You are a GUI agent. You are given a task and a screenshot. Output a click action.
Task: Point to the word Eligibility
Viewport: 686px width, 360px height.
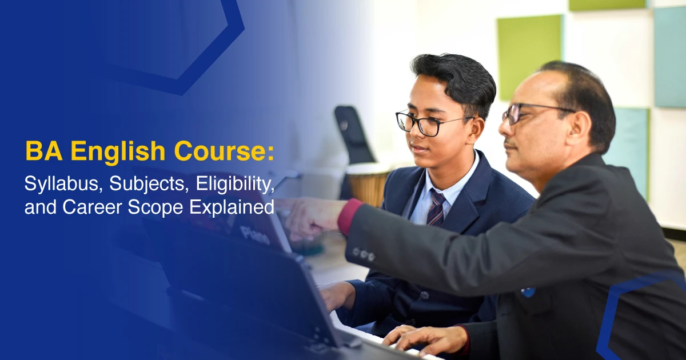point(235,183)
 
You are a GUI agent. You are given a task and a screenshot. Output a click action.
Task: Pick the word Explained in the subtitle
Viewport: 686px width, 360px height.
point(232,208)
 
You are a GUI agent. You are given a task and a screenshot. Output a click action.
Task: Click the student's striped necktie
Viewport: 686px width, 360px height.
point(436,207)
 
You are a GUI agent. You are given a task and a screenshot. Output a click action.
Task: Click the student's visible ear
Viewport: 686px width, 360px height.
point(476,131)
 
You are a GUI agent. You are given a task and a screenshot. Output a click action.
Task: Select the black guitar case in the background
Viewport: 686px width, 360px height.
point(354,135)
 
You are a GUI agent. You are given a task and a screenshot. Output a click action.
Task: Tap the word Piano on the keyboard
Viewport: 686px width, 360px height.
point(256,235)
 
